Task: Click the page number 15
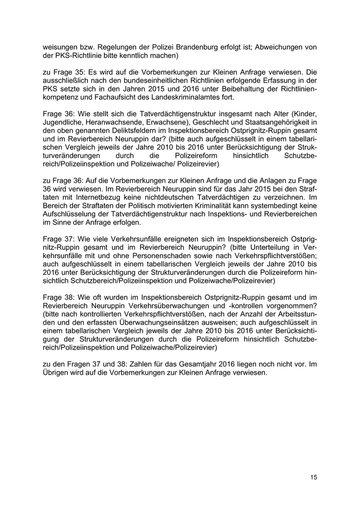[x=314, y=478]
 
